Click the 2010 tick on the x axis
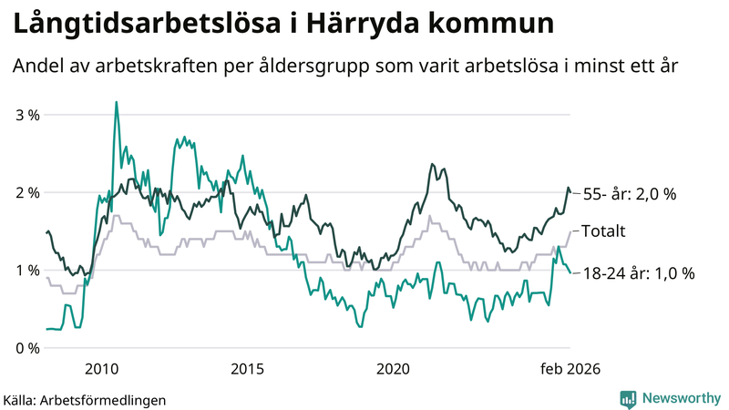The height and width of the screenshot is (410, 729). coord(101,368)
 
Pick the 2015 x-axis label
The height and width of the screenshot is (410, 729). coord(247,368)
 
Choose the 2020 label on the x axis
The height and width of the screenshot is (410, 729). coord(393,368)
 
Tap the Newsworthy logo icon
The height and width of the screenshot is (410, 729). coord(628,398)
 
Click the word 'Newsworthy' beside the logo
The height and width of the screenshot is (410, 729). coord(682,398)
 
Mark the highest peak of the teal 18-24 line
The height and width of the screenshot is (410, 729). coord(116,102)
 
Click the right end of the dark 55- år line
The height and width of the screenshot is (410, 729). coord(570,192)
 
